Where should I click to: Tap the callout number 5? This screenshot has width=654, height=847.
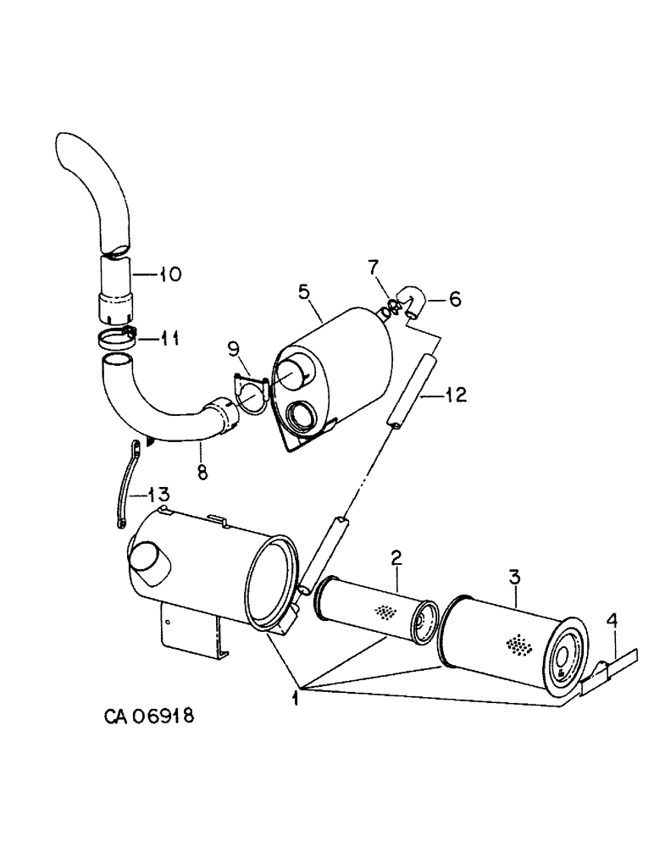[x=303, y=292]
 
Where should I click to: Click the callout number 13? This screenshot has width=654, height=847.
[x=158, y=493]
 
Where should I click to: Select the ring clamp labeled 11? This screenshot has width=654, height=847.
[x=116, y=339]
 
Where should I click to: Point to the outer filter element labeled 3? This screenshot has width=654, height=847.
[x=508, y=644]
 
